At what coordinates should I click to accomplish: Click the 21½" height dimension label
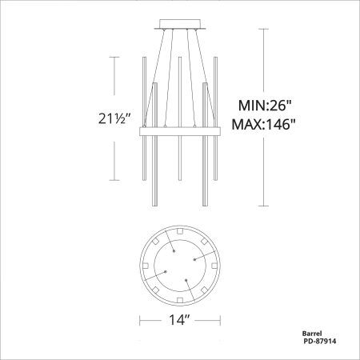coord(114,118)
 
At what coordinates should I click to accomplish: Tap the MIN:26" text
coord(264,106)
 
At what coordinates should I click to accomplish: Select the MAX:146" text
coord(264,124)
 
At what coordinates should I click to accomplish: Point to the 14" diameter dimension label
coord(179,319)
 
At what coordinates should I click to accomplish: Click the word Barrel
coord(312,334)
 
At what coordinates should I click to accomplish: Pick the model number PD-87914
coord(320,341)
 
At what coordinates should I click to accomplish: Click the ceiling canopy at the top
coord(180,24)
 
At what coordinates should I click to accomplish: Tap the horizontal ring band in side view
coord(180,131)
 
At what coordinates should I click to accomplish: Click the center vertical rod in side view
coord(180,118)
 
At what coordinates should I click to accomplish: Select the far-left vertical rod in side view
coord(145,118)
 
